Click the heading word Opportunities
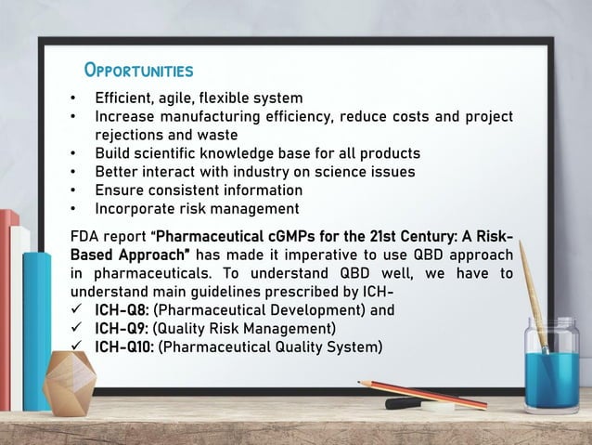pos(138,72)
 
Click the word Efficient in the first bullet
pos(125,98)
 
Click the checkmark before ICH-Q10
pos(77,347)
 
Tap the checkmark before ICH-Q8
pos(77,310)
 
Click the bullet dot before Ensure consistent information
pos(74,190)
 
